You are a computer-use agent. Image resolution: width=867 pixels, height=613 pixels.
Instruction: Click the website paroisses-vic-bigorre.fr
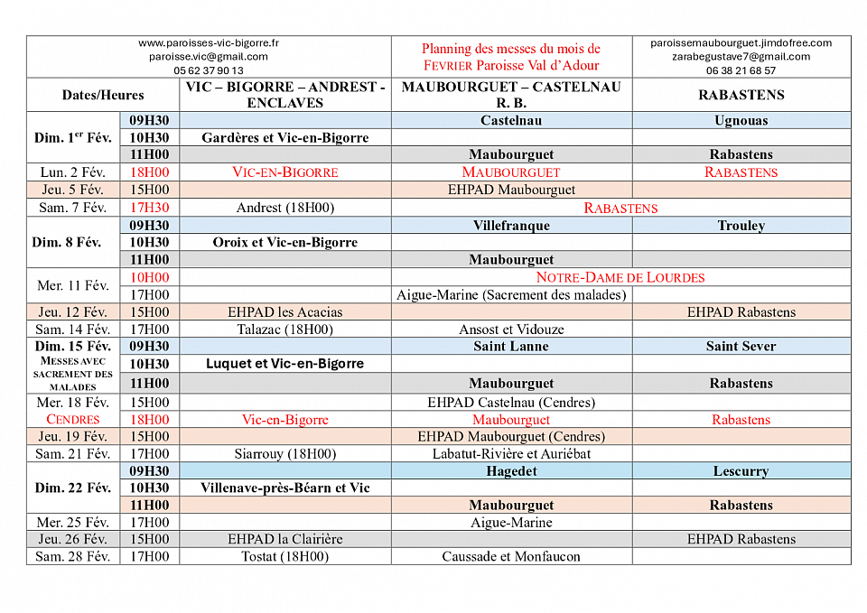[x=209, y=42]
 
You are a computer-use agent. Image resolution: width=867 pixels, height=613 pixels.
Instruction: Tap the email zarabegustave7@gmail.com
[x=741, y=56]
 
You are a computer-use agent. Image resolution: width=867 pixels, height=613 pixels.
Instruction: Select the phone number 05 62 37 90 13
[x=209, y=70]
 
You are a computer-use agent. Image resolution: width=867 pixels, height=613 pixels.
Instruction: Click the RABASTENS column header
[x=741, y=95]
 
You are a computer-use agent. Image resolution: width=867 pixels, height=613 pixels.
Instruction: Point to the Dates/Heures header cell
[x=103, y=95]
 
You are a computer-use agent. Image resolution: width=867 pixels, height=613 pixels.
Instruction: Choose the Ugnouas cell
[x=741, y=120]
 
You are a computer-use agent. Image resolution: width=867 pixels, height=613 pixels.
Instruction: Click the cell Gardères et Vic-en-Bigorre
[x=284, y=137]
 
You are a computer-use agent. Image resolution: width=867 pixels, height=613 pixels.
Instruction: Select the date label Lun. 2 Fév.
[x=73, y=172]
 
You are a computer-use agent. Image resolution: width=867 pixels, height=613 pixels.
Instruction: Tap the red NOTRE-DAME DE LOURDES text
[x=620, y=277]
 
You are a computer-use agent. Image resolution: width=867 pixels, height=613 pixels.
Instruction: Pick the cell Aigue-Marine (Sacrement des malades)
[x=511, y=294]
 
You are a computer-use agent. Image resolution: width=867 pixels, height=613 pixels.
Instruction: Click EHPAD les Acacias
[x=284, y=311]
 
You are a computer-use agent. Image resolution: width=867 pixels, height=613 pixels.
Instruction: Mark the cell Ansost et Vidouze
[x=511, y=330]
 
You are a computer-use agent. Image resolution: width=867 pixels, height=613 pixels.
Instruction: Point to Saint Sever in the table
[x=741, y=346]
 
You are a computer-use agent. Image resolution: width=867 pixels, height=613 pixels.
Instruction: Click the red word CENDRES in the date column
[x=73, y=419]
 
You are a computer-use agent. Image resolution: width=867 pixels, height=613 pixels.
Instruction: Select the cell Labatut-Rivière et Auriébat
[x=511, y=453]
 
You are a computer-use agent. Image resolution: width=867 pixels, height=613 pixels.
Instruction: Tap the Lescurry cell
[x=741, y=470]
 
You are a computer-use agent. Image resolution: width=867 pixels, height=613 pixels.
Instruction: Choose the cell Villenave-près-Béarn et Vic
[x=284, y=488]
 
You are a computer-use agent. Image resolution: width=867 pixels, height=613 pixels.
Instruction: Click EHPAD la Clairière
[x=284, y=539]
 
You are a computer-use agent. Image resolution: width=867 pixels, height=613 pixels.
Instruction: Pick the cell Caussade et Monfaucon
[x=511, y=556]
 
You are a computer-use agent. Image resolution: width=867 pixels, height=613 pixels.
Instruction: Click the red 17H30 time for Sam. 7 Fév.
[x=149, y=208]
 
